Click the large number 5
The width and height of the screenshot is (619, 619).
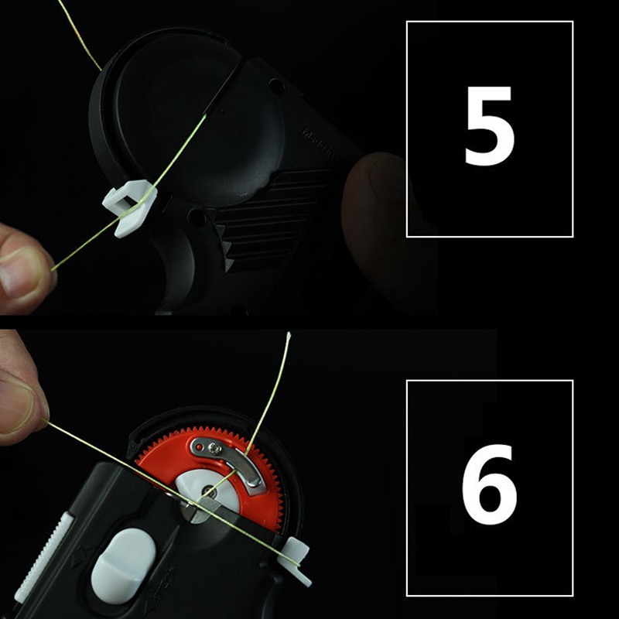click(490, 125)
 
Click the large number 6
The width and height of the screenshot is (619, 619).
click(490, 484)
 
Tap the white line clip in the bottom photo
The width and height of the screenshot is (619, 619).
click(294, 560)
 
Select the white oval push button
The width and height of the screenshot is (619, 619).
click(124, 566)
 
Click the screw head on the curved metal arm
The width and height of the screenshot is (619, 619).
click(215, 448)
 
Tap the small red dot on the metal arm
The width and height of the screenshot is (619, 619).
click(199, 447)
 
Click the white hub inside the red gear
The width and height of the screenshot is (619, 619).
click(207, 494)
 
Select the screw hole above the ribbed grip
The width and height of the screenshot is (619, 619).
click(197, 217)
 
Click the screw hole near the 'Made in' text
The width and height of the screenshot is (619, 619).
click(276, 86)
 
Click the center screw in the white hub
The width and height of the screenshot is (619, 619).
click(207, 491)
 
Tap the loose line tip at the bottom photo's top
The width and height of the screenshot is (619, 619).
click(289, 334)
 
